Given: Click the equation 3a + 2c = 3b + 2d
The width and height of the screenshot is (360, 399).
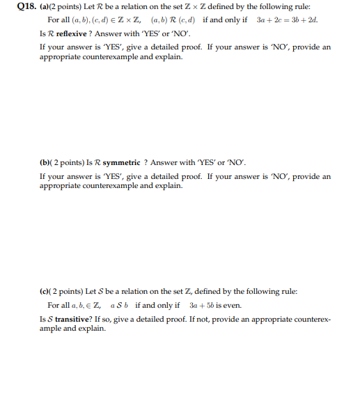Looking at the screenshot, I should pos(287,19).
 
